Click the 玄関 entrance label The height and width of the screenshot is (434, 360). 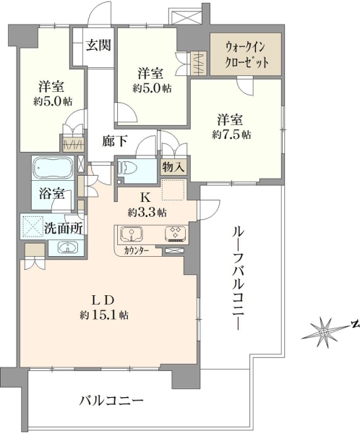(x=98, y=45)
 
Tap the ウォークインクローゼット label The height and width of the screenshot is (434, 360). (x=246, y=54)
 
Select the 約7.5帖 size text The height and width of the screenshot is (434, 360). (x=232, y=135)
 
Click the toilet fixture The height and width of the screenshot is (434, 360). (x=129, y=168)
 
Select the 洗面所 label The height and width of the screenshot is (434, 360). (x=64, y=229)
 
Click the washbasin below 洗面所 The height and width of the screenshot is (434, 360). (x=67, y=247)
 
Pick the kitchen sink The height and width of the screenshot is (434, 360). (x=132, y=234)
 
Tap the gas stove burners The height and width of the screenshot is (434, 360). (x=176, y=234)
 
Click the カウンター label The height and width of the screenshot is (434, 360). (x=136, y=251)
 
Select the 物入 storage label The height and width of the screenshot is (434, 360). (x=173, y=167)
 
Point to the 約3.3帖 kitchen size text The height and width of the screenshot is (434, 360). (x=147, y=213)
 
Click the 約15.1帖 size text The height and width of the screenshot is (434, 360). (x=104, y=315)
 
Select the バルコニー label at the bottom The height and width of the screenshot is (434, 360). (x=111, y=401)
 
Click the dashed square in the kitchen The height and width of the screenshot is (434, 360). (x=173, y=190)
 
